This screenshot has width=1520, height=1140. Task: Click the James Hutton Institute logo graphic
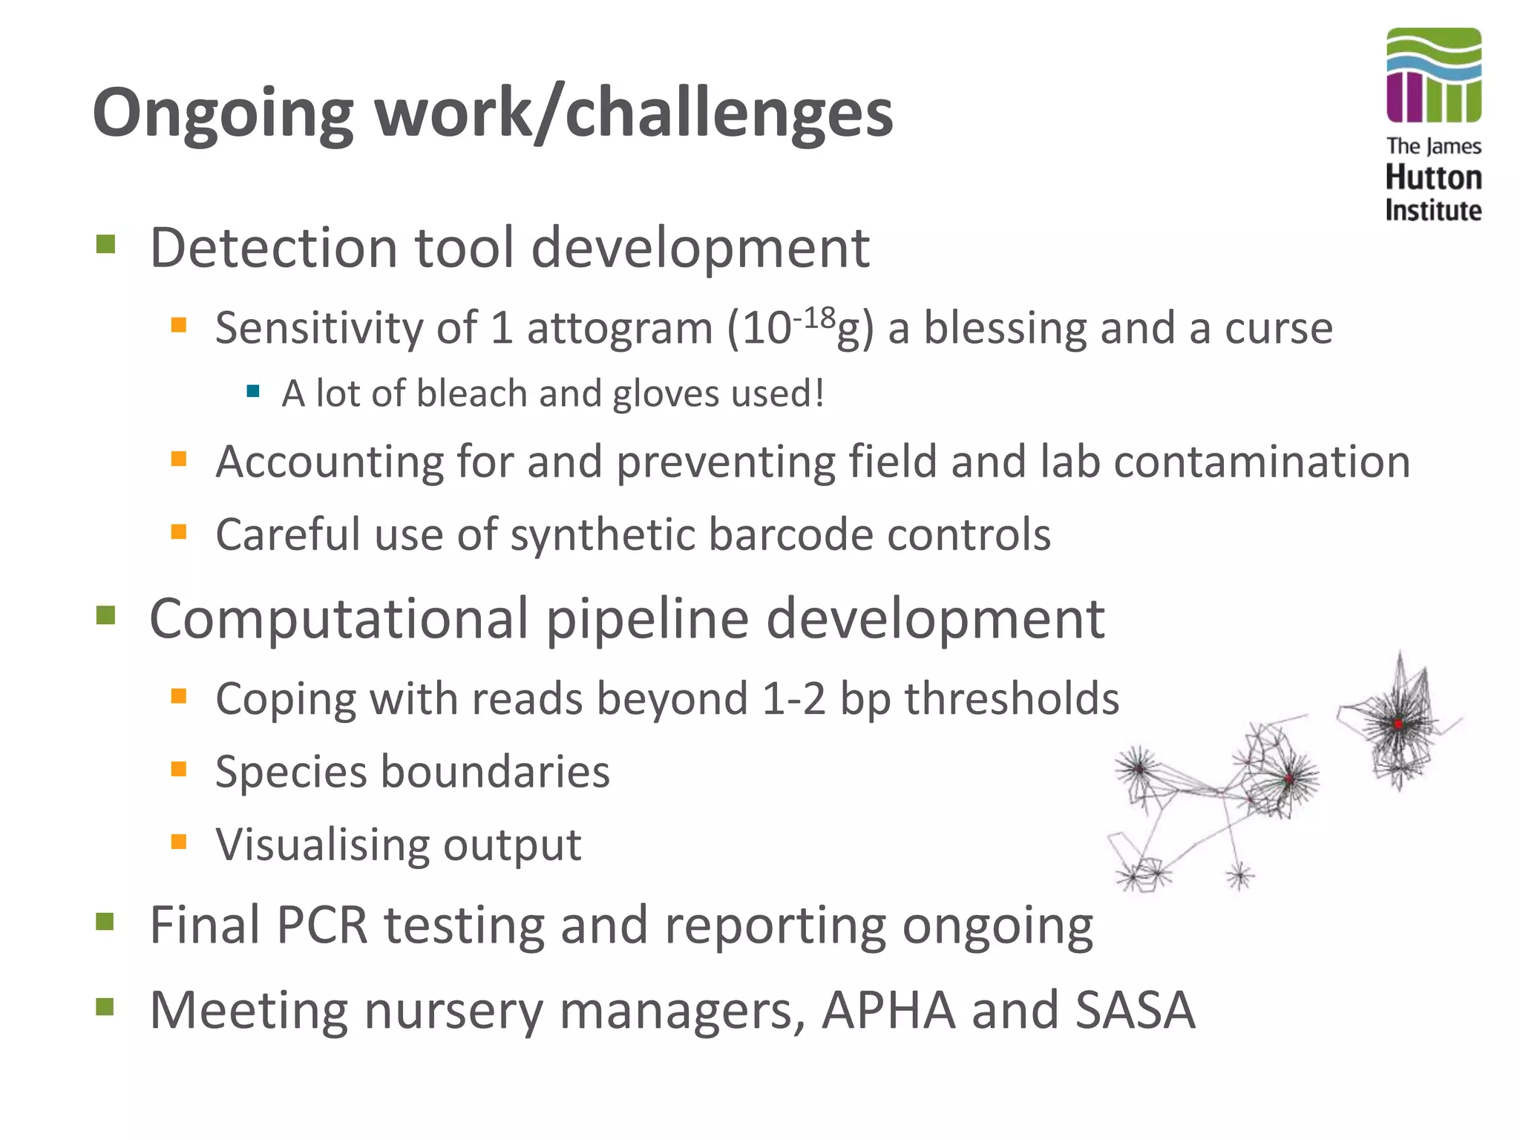pyautogui.click(x=1433, y=76)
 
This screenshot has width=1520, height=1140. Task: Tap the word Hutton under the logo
pyautogui.click(x=1433, y=178)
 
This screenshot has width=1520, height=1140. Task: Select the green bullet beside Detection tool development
pyautogui.click(x=105, y=244)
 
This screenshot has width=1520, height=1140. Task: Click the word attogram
pyautogui.click(x=620, y=328)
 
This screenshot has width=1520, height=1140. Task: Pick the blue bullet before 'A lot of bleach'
pyautogui.click(x=253, y=390)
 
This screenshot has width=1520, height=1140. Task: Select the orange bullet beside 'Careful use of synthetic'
pyautogui.click(x=178, y=531)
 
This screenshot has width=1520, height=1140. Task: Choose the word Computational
pyautogui.click(x=339, y=619)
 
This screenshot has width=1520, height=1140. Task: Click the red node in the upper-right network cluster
pyautogui.click(x=1398, y=724)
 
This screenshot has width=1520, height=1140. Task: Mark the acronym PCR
pyautogui.click(x=321, y=926)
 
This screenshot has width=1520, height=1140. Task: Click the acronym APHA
pyautogui.click(x=888, y=1011)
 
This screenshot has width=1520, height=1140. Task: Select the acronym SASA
pyautogui.click(x=1135, y=1011)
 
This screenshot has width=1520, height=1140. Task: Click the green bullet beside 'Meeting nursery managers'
pyautogui.click(x=105, y=1007)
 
